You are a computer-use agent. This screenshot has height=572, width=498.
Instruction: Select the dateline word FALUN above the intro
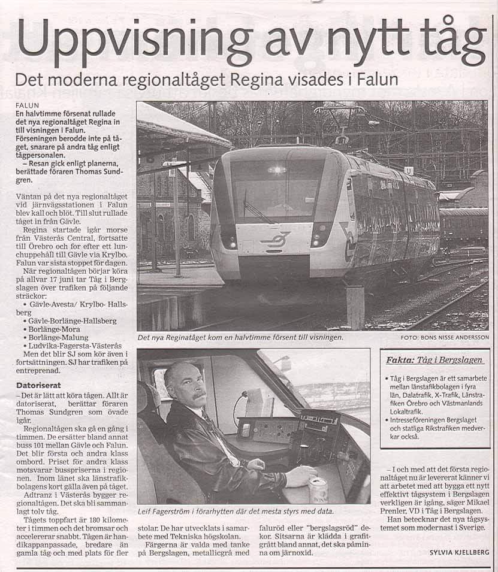[x=27, y=105]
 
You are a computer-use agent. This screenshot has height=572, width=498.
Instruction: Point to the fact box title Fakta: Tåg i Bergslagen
[x=434, y=360]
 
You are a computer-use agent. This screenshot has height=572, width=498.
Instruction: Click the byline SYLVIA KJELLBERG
[x=459, y=552]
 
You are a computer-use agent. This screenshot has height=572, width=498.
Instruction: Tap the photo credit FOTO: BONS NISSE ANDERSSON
[x=445, y=338]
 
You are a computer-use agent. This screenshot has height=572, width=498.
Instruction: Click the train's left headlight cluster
[x=228, y=236]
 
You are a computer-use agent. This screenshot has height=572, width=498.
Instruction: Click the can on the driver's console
[x=318, y=491]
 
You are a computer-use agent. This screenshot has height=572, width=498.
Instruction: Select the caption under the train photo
[x=240, y=338]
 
